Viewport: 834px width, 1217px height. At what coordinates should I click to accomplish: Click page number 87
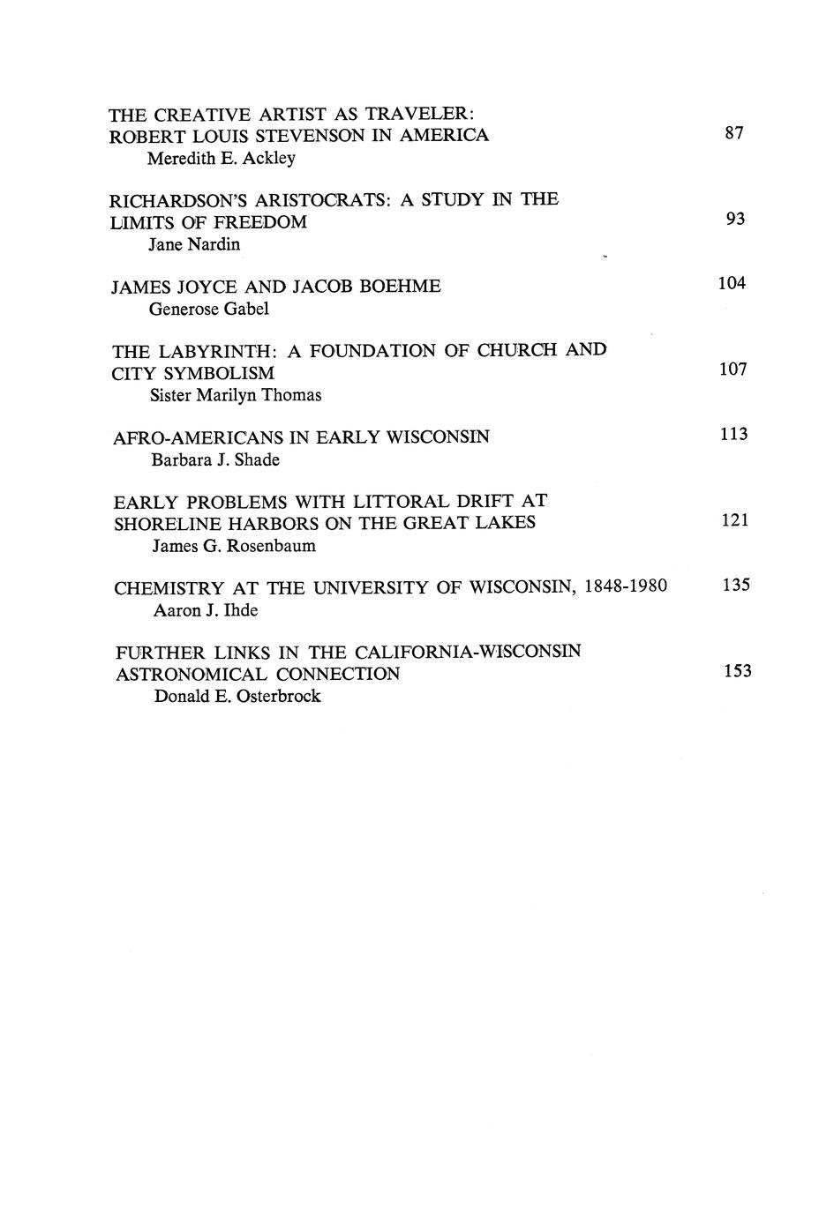pos(734,133)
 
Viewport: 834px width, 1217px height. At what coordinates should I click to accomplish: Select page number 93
pos(735,219)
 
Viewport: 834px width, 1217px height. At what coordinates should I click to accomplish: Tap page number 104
pos(732,283)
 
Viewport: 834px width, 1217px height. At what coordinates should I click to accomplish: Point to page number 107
pos(733,370)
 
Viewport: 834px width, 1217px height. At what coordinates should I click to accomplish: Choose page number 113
pos(733,434)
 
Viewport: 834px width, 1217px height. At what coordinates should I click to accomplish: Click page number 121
pos(734,520)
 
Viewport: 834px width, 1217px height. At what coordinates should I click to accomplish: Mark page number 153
pos(737,671)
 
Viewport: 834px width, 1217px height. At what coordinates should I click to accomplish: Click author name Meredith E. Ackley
pos(221,159)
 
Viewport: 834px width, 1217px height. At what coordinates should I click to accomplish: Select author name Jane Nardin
pos(194,244)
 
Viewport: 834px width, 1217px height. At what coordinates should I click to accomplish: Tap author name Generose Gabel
pos(209,309)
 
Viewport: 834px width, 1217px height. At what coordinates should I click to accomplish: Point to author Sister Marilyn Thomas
pos(236,395)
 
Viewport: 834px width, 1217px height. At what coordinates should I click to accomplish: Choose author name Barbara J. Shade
pos(215,459)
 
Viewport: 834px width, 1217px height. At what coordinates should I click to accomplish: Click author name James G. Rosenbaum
pos(234,546)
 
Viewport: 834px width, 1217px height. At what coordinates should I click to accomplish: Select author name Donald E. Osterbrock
pos(237,697)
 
